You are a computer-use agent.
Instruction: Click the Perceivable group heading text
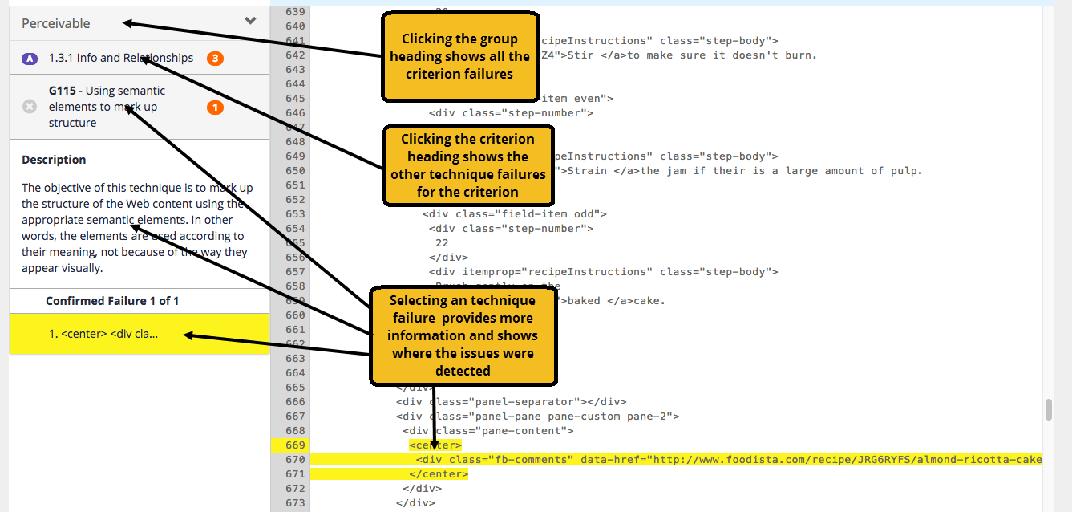click(56, 23)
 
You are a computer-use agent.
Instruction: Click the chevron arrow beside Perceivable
click(250, 21)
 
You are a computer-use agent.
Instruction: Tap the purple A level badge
click(30, 59)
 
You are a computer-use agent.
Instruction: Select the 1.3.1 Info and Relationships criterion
click(120, 58)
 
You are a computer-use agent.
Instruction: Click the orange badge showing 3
click(214, 59)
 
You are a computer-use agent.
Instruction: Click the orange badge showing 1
click(215, 108)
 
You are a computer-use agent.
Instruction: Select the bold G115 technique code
click(62, 91)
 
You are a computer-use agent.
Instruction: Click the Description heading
click(54, 160)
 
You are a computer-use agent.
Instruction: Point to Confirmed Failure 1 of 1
click(112, 301)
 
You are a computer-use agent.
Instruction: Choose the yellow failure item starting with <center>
click(103, 334)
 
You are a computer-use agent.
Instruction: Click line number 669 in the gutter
click(295, 445)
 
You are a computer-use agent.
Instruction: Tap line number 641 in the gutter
click(295, 41)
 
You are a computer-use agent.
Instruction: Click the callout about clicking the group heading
click(459, 56)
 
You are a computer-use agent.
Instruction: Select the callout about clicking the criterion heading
click(468, 165)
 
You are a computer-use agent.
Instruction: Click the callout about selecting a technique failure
click(463, 335)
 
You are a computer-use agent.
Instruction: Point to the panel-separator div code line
click(511, 402)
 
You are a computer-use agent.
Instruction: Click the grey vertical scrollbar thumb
click(1048, 409)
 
